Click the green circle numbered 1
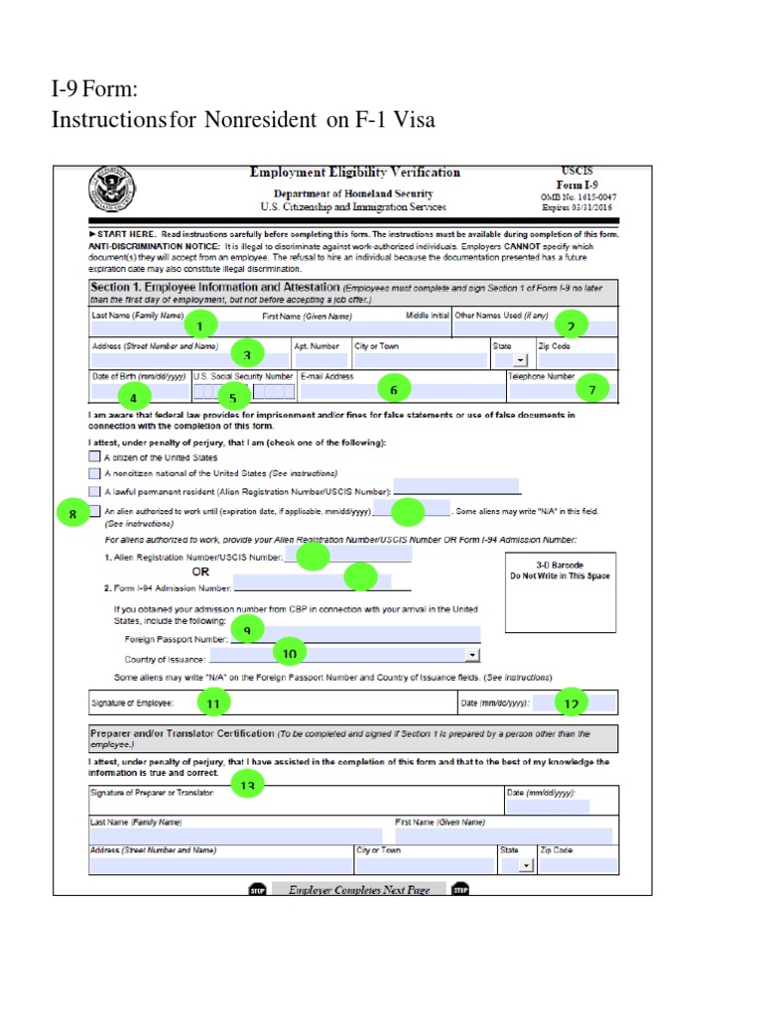pos(200,325)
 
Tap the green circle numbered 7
pos(593,389)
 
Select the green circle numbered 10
pos(290,653)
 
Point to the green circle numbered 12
pos(571,702)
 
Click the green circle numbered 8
pos(73,513)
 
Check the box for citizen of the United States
pos(94,457)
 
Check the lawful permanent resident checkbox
pos(94,491)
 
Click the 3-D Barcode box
pos(560,591)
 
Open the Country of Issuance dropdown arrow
pos(472,656)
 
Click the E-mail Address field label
pos(326,377)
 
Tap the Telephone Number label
pos(542,377)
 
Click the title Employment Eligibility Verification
pos(354,173)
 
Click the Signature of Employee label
pos(133,703)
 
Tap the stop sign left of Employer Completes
pos(257,890)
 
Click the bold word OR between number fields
pos(200,572)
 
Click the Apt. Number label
pos(317,347)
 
